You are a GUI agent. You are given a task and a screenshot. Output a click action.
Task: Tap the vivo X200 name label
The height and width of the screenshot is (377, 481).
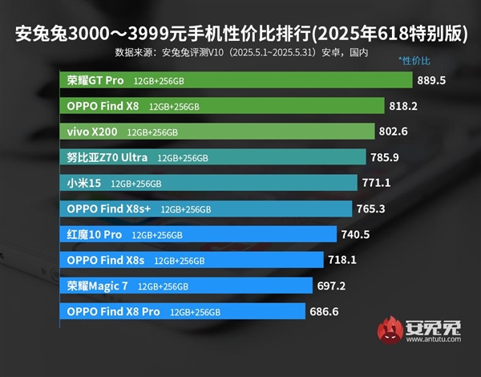click(91, 132)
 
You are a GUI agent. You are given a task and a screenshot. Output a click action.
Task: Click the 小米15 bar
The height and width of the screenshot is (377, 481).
click(208, 183)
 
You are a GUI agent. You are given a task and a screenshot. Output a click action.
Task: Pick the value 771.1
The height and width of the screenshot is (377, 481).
click(376, 183)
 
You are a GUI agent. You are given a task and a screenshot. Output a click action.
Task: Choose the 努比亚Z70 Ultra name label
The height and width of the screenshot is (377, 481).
click(107, 157)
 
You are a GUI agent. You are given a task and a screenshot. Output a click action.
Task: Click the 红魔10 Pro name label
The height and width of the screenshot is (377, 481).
click(94, 234)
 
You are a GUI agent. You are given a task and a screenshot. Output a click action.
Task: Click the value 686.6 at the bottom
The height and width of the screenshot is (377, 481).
click(325, 311)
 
